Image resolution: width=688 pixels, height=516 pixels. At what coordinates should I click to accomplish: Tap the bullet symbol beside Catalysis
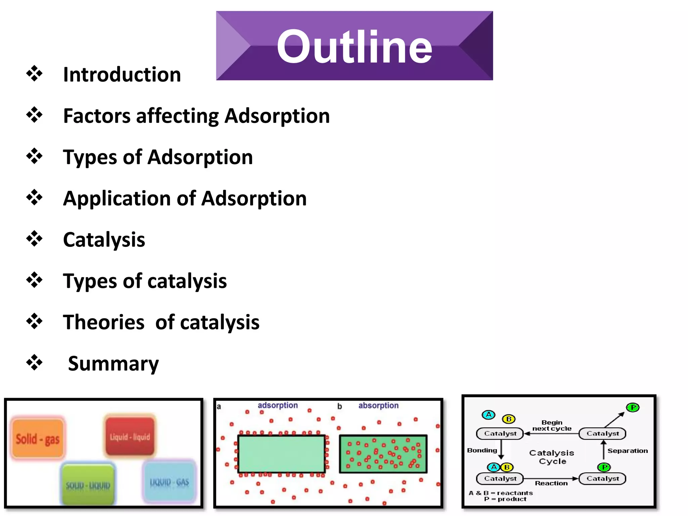coord(34,239)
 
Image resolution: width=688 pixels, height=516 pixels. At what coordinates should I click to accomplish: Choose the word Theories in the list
coord(103,322)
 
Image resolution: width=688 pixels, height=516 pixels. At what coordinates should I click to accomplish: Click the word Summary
coord(113,363)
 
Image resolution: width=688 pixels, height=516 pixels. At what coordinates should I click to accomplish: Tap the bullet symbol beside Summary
coord(34,363)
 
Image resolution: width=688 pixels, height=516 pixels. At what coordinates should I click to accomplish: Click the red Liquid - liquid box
coord(130,436)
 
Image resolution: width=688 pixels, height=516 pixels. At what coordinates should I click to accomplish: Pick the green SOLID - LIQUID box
coord(88,485)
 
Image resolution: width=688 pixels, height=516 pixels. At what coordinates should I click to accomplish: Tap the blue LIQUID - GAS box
coord(169,482)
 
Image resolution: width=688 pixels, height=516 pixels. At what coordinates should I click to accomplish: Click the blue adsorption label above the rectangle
coord(277,405)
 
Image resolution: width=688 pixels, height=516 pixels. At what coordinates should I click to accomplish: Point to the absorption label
coord(378,405)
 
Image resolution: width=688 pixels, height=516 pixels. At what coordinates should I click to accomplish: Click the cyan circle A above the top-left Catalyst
coord(488,415)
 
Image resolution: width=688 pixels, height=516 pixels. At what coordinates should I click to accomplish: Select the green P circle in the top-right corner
coord(633,407)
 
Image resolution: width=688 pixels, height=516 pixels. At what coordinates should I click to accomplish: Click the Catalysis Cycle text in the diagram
coord(552,457)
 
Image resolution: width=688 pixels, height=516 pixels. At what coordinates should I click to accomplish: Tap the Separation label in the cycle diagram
coord(628,450)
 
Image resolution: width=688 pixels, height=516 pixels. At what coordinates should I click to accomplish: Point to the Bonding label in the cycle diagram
coord(482,450)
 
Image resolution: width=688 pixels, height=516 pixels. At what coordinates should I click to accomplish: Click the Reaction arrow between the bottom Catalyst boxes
coord(551,479)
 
